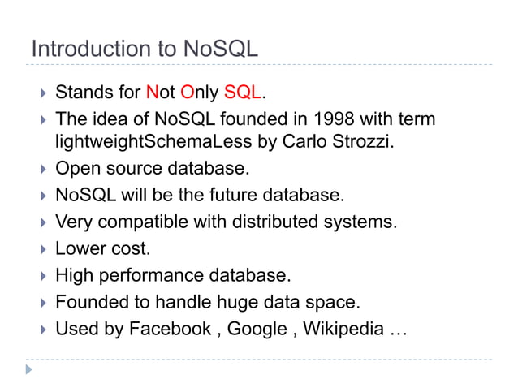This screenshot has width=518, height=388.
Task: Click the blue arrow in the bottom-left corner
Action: [30, 369]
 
